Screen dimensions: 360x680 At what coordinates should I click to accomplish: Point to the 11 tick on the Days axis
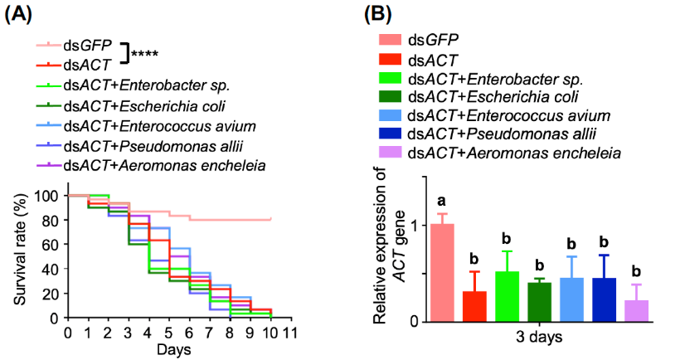[x=290, y=332]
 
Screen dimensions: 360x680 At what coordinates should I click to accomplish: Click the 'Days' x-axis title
[x=176, y=349]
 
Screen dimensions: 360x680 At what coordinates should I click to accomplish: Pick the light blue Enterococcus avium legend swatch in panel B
[x=391, y=115]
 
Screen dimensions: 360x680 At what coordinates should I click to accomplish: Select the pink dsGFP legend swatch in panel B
[x=391, y=40]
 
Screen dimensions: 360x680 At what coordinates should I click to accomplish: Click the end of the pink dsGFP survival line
[x=271, y=220]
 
